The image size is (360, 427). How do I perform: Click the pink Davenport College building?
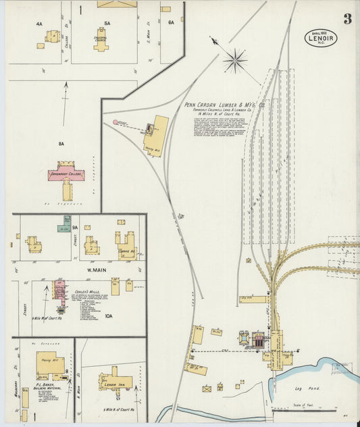tap(66, 173)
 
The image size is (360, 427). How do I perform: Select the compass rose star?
tap(235, 61)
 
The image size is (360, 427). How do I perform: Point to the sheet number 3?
tap(347, 19)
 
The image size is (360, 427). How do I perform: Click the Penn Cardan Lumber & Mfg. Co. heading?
tap(225, 105)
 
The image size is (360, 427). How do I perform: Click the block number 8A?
tap(61, 143)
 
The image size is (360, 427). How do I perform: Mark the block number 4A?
tap(39, 24)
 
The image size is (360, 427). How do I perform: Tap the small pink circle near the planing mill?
tap(115, 122)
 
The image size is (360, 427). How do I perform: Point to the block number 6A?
tap(171, 22)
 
